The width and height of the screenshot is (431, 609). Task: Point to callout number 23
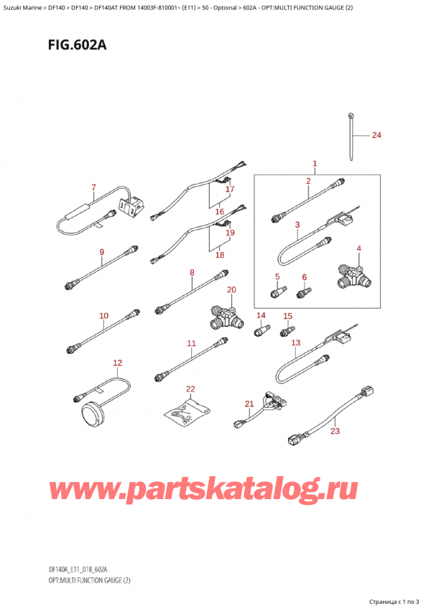pyautogui.click(x=334, y=432)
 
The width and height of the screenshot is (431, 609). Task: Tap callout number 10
pyautogui.click(x=103, y=315)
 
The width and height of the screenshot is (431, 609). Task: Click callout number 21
pyautogui.click(x=249, y=404)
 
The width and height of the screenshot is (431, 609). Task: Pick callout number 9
pyautogui.click(x=101, y=252)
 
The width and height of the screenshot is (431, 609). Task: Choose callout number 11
pyautogui.click(x=191, y=344)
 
